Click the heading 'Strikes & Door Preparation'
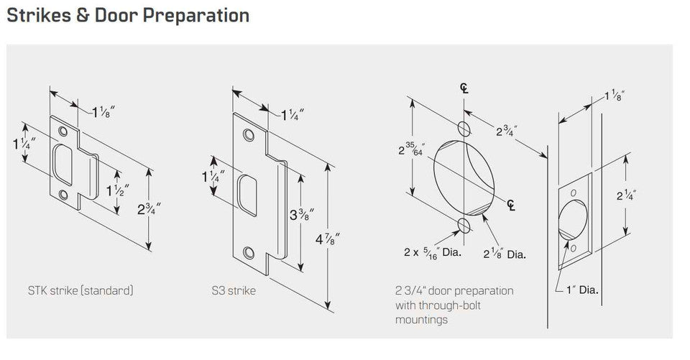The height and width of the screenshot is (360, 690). pos(128,15)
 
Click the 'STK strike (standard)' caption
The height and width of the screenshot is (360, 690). pos(80,290)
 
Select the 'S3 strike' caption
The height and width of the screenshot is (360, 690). pos(234,290)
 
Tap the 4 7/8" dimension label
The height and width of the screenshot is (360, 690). pos(328,239)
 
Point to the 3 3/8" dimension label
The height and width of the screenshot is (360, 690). pos(302,214)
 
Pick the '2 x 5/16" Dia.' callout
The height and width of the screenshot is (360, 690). pos(433,253)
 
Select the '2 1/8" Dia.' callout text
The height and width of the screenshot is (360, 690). pos(505,254)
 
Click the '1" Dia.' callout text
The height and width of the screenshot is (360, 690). pos(582,290)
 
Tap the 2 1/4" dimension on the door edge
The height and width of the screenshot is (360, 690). pos(626,194)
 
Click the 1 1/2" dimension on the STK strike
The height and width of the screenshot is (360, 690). pos(117,190)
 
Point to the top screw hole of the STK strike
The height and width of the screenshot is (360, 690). pos(63,131)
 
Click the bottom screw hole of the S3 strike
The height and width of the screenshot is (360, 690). pos(249,253)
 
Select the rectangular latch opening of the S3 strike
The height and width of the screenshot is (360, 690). pos(248,195)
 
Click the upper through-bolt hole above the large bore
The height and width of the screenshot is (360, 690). pos(464,129)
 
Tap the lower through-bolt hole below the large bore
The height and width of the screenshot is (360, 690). pos(464,225)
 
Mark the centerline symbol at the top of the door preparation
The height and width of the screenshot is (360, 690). pos(464,88)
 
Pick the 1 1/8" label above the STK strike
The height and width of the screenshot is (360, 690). pos(103,113)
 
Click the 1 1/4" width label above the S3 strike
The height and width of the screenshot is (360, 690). pos(293,115)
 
